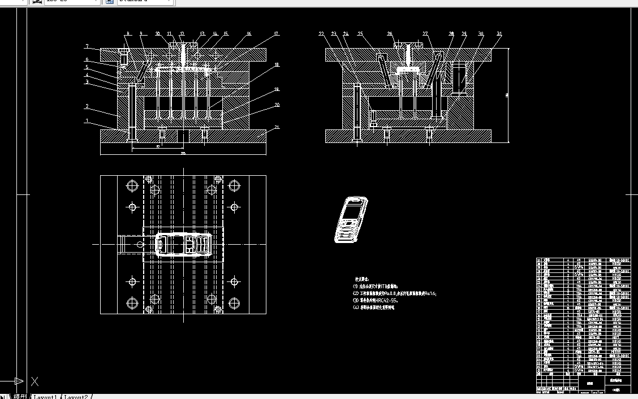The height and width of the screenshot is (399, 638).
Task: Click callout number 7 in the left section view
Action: (x=87, y=46)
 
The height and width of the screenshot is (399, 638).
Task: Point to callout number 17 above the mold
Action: (x=277, y=34)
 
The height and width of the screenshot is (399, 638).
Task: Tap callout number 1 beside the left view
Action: (x=87, y=120)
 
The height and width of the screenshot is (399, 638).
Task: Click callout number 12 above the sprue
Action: (x=182, y=34)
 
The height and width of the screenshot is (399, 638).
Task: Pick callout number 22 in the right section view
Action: (x=321, y=34)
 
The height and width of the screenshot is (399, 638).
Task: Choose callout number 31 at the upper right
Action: (x=499, y=34)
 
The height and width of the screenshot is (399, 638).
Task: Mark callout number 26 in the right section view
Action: (x=390, y=34)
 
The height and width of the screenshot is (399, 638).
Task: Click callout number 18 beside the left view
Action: (x=277, y=65)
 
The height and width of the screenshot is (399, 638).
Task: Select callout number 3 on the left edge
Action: (x=87, y=81)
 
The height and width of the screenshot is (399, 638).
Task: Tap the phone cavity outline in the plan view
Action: (x=184, y=244)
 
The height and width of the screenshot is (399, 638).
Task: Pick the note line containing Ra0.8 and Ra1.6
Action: (x=394, y=294)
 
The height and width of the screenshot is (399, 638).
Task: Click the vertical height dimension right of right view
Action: (x=507, y=95)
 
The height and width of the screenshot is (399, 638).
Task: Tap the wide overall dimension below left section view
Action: (x=183, y=153)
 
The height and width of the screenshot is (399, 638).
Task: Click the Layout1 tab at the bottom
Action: (x=45, y=397)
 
